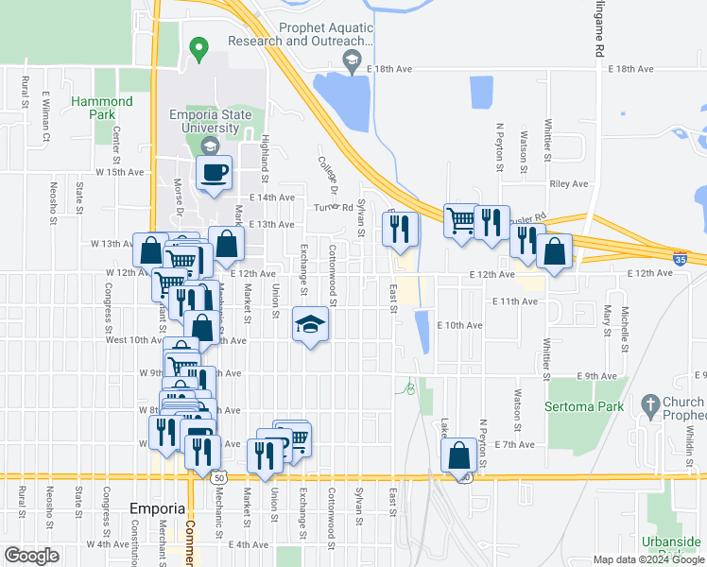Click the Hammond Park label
101,107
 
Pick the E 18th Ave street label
630,70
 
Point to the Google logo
31,556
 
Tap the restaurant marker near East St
400,229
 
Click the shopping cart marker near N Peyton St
460,221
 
